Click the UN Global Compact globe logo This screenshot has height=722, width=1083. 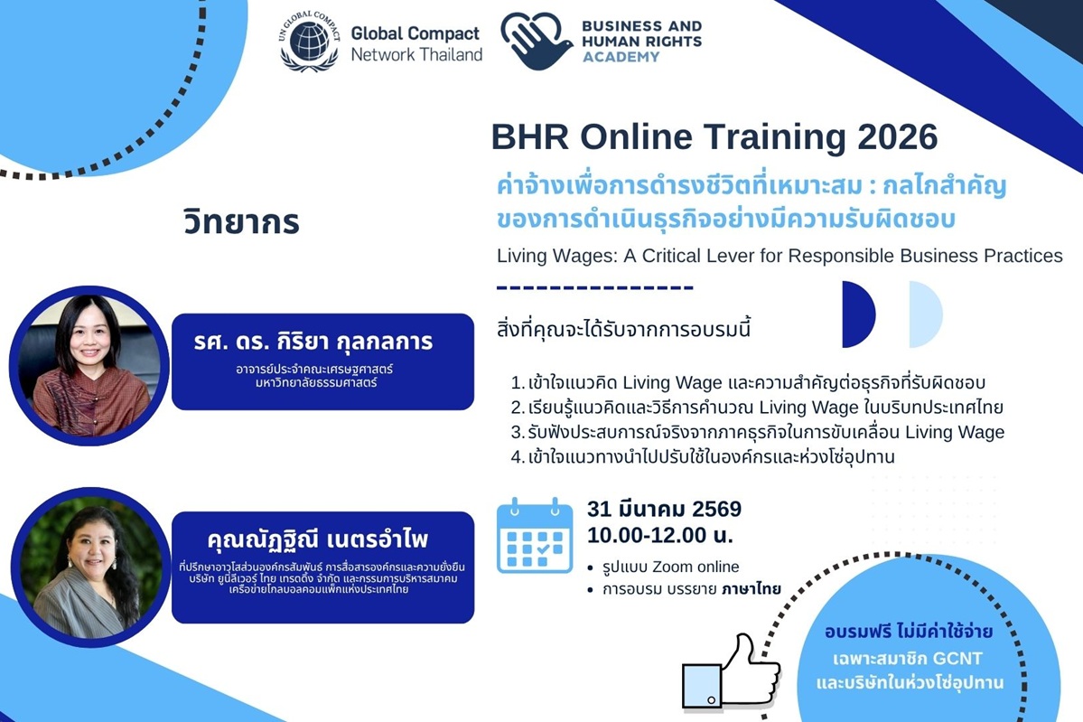[x=309, y=41]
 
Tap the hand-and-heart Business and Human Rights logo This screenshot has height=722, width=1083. [x=537, y=41]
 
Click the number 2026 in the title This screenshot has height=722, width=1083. [x=897, y=136]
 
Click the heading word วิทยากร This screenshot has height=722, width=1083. [x=241, y=221]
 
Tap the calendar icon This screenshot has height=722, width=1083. [x=535, y=536]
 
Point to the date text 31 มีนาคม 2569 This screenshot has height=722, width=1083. [x=664, y=509]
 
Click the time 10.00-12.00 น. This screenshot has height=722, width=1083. [x=659, y=535]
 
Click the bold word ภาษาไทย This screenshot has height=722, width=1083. [x=752, y=589]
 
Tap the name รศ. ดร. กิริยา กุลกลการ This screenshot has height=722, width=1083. [x=313, y=342]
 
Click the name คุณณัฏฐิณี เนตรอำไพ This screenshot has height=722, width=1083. [x=318, y=539]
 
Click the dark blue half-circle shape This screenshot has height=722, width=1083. [x=858, y=314]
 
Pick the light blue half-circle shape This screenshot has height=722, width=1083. [x=926, y=314]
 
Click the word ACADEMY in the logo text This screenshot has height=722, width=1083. [x=621, y=57]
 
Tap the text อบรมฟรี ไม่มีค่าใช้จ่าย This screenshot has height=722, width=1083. [x=909, y=632]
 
